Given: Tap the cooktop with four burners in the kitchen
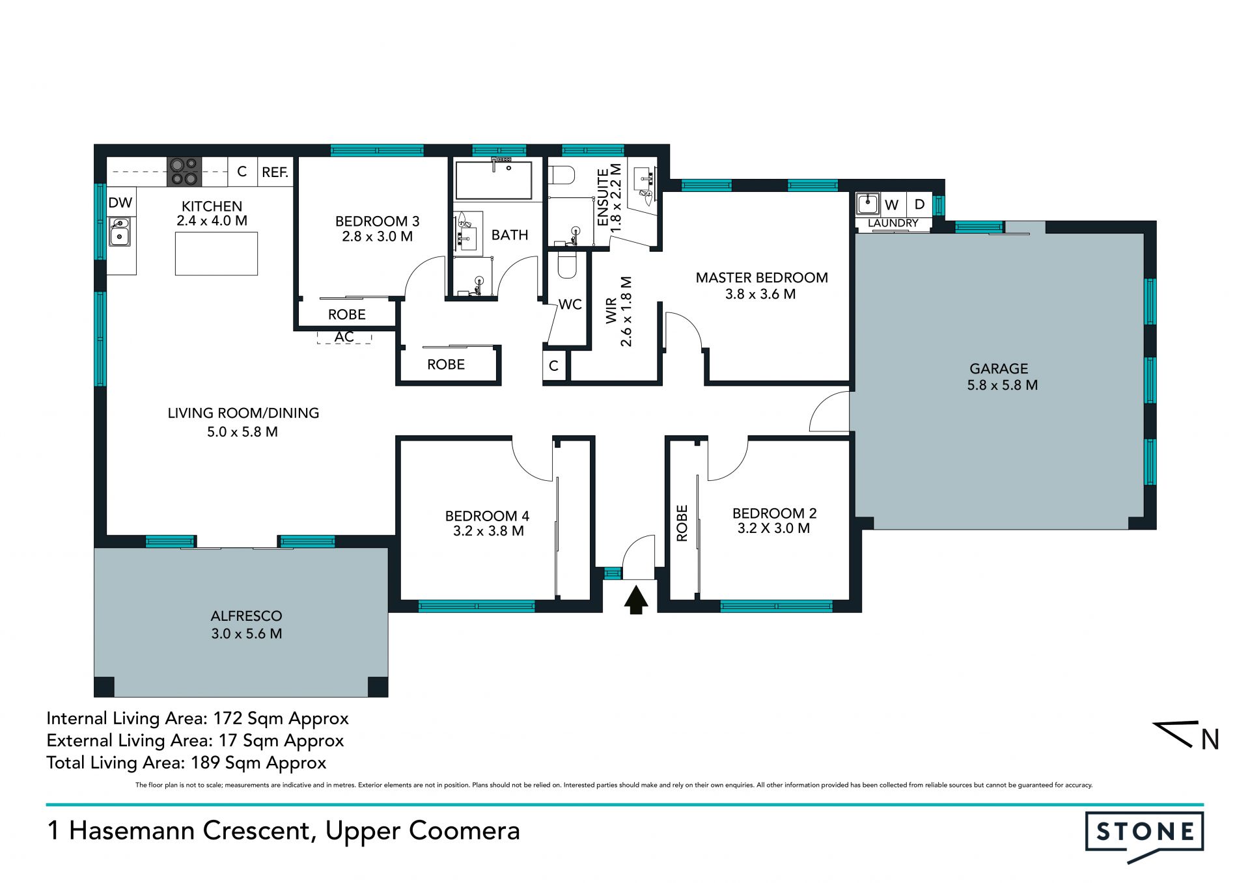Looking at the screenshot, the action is (184, 172).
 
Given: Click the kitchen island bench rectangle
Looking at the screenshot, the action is (216, 253).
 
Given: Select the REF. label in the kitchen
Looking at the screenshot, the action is (275, 172).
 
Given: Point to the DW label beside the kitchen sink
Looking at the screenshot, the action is (120, 203).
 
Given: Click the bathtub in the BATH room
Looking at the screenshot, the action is (493, 180).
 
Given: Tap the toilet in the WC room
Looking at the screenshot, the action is (567, 265).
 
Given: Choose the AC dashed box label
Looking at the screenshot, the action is (344, 337).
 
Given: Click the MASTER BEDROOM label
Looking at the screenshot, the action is (762, 278).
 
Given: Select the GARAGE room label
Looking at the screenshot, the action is (999, 369).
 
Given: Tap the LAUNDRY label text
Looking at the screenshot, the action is (893, 223).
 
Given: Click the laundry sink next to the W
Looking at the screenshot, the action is (868, 204).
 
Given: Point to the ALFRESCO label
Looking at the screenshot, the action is (247, 616).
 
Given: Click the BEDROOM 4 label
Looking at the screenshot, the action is (488, 516).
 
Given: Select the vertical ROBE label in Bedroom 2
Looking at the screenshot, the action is (682, 523).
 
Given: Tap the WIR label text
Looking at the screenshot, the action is (611, 311).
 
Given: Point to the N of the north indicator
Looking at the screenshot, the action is (1210, 740).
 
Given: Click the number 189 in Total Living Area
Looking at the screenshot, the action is (205, 763).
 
